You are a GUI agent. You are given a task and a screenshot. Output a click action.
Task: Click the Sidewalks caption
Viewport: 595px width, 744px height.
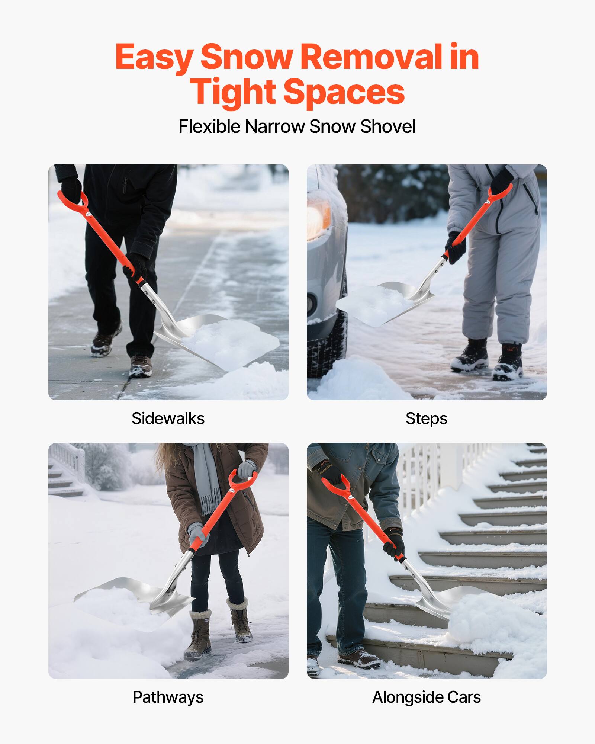tap(168, 418)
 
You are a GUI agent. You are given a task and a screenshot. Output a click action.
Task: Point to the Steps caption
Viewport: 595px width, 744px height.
tap(426, 418)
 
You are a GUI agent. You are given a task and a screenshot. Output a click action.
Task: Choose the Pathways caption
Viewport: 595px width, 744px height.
tap(168, 697)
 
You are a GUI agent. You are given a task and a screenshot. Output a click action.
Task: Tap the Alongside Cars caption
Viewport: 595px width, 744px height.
tap(426, 697)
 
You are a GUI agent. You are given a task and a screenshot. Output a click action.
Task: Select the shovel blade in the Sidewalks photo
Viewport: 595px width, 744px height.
tap(223, 340)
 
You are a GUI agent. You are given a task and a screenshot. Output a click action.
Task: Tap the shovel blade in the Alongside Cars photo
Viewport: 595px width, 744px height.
tap(457, 599)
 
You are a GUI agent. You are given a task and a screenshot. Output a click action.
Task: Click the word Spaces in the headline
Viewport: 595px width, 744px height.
tap(344, 92)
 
